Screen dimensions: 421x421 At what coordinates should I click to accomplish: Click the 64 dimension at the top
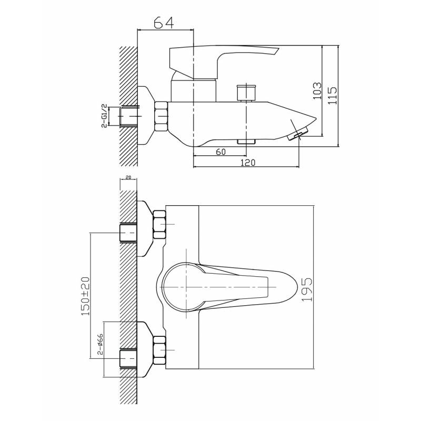[x=164, y=23]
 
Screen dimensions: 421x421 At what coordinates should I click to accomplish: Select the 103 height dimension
[x=317, y=91]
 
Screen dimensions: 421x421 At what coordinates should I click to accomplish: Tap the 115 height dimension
[x=333, y=95]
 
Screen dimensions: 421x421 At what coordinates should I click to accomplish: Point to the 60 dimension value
[x=220, y=152]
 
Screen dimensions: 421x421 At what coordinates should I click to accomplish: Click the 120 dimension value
[x=248, y=163]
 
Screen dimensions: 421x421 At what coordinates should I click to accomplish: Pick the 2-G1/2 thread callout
[x=105, y=116]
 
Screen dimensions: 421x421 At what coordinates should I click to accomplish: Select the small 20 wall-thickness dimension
[x=128, y=177]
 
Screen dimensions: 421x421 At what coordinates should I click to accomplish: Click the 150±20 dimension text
[x=85, y=296]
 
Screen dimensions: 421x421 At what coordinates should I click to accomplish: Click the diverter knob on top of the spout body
[x=246, y=93]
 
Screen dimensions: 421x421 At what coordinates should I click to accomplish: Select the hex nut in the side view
[x=161, y=116]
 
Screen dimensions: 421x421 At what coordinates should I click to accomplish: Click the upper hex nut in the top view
[x=159, y=225]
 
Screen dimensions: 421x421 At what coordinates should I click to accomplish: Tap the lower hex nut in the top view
[x=159, y=350]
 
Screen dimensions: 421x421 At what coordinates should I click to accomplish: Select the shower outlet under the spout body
[x=246, y=142]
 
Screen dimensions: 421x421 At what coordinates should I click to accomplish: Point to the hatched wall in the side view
[x=128, y=106]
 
